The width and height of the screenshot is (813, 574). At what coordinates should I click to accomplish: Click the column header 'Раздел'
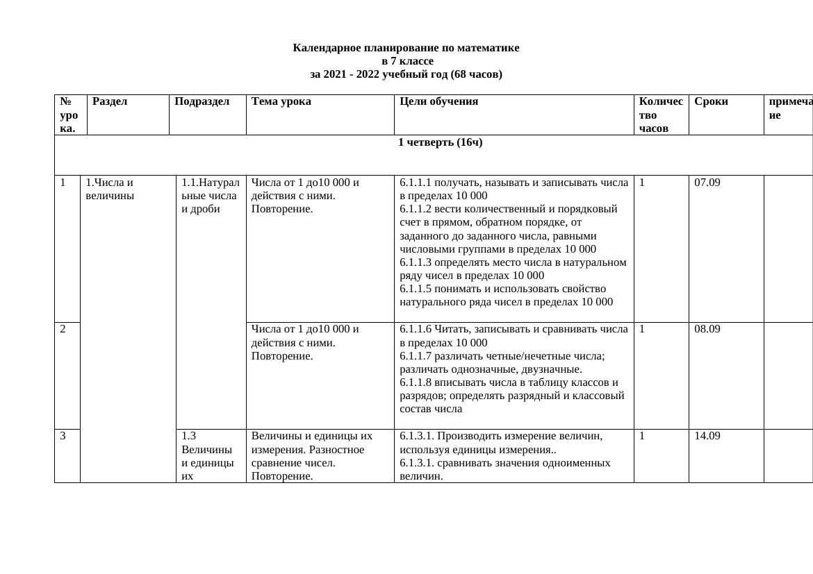(x=110, y=101)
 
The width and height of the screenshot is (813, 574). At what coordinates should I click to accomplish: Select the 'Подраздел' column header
(x=202, y=101)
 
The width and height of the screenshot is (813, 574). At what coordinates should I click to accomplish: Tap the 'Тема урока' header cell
(x=281, y=101)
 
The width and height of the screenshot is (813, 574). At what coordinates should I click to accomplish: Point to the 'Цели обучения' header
(x=438, y=101)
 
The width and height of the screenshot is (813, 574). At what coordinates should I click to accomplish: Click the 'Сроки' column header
(x=711, y=101)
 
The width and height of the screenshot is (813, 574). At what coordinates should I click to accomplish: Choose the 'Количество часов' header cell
(x=660, y=115)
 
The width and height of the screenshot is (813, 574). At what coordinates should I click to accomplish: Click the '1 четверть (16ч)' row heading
(x=440, y=142)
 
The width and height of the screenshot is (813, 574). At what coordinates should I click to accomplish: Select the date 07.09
(x=707, y=183)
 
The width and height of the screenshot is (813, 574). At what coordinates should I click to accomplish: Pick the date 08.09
(x=707, y=329)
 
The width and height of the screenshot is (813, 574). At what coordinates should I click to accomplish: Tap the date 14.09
(x=707, y=436)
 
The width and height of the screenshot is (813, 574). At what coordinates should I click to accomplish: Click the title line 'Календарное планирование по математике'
(x=406, y=48)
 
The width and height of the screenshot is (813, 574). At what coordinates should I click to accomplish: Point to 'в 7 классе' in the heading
(x=406, y=61)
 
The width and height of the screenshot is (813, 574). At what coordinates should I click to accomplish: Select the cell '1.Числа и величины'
(x=109, y=189)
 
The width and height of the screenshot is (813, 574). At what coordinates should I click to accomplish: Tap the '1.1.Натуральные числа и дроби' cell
(x=210, y=195)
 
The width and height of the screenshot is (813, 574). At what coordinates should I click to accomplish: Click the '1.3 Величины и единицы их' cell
(x=207, y=455)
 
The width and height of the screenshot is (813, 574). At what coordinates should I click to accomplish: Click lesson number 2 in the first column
(x=63, y=329)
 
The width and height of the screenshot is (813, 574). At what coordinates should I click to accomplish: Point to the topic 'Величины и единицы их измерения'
(x=311, y=442)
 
